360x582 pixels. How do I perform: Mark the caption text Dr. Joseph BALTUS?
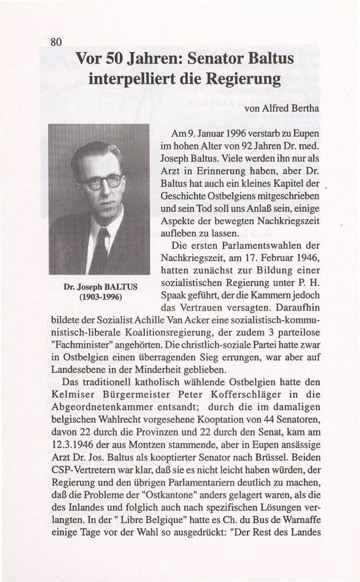click(99, 288)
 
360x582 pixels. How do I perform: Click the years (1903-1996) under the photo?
click(99, 296)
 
